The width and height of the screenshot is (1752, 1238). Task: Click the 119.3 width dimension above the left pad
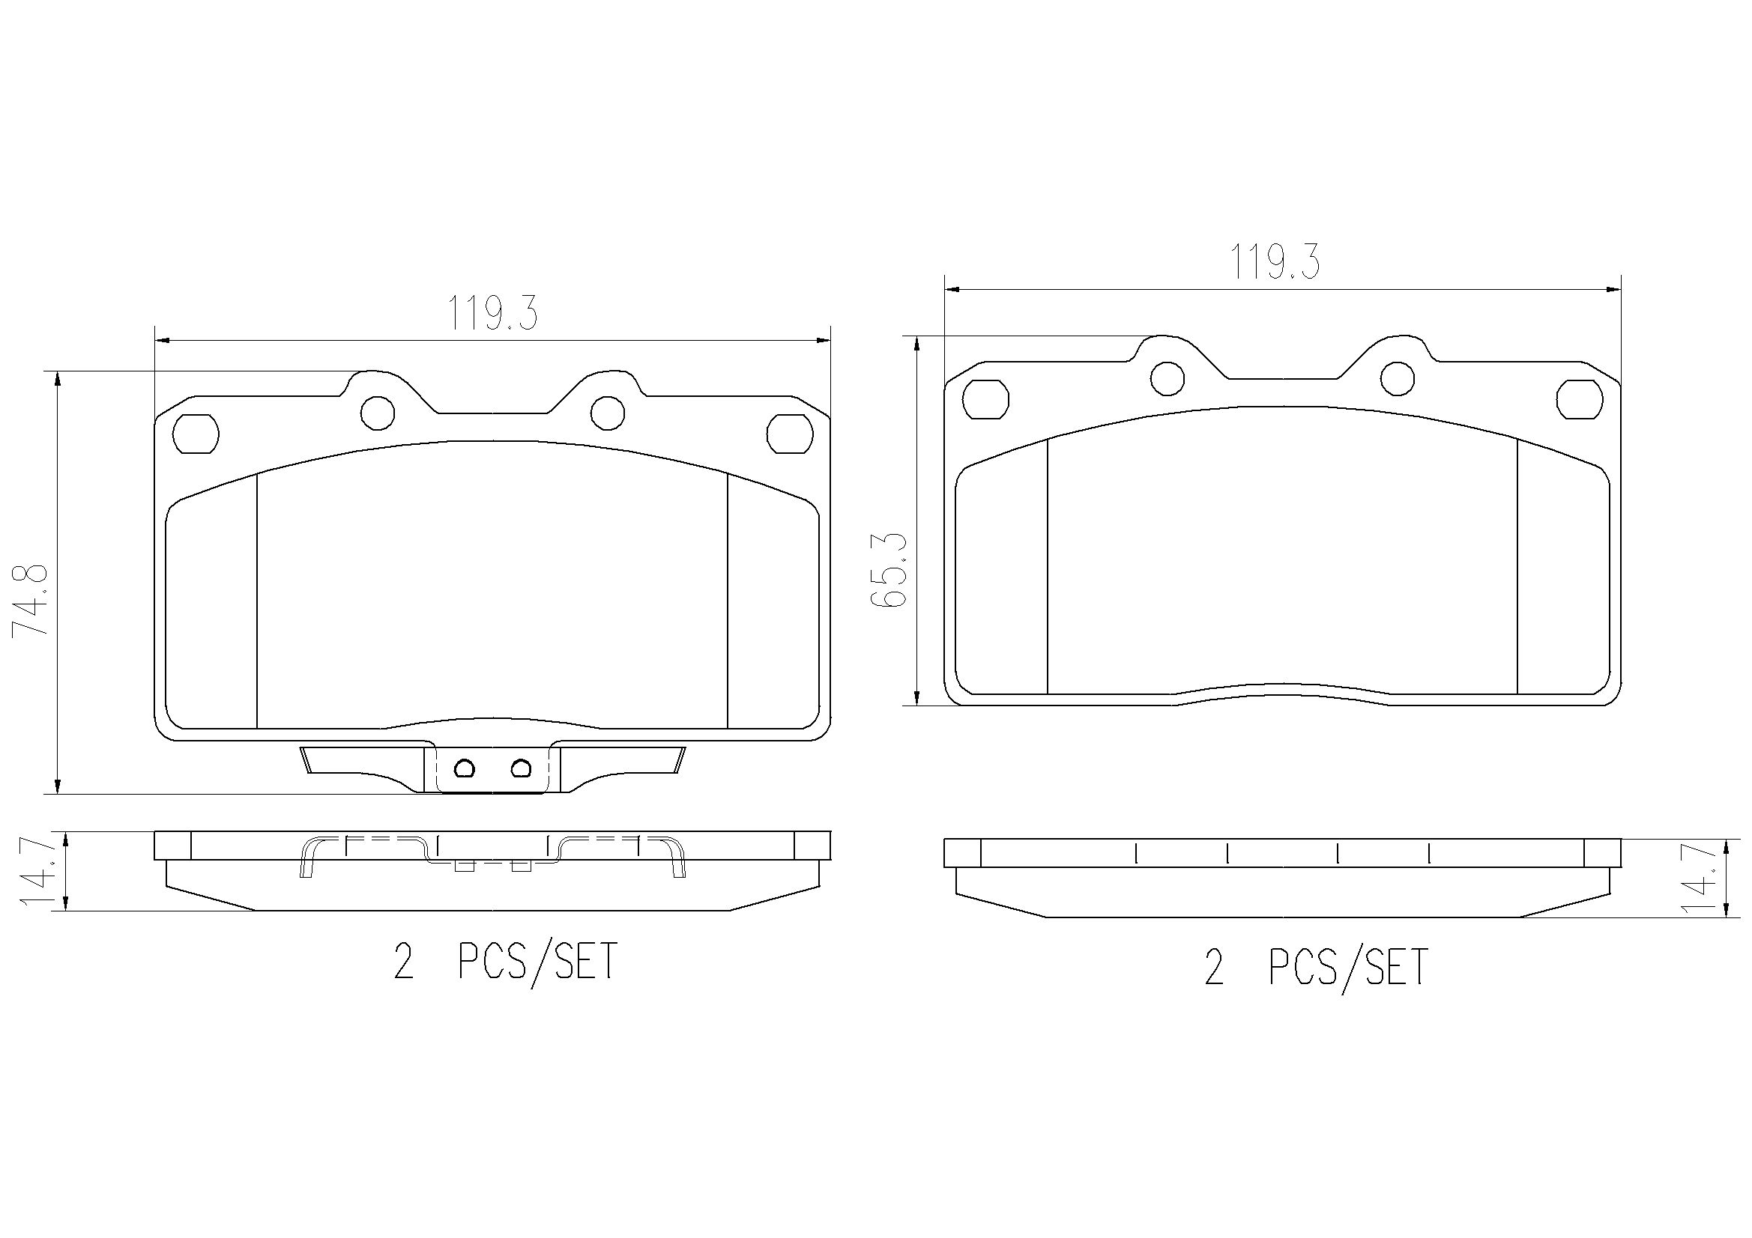(492, 313)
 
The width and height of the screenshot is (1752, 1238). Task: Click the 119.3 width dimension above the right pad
(1274, 262)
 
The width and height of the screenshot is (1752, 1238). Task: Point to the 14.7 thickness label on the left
(41, 870)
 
